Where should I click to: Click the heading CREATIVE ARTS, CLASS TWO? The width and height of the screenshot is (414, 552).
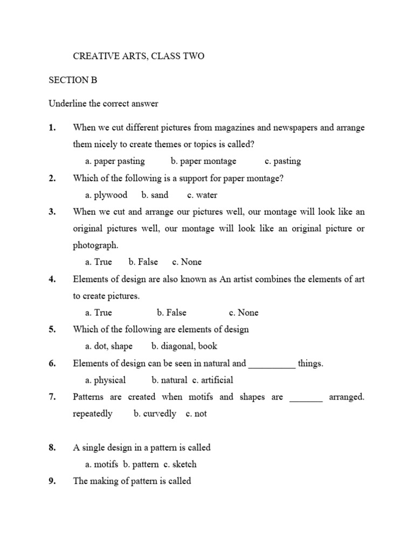point(139,56)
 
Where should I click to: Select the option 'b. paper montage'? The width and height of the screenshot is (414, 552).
point(203,161)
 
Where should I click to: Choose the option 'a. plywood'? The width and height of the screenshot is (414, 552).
point(106,195)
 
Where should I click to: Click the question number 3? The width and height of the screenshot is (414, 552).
point(52,212)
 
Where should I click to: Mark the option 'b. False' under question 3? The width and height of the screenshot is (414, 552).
point(143,262)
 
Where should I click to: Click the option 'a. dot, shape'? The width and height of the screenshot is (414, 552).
point(109,346)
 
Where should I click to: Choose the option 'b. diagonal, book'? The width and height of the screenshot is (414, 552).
point(184,346)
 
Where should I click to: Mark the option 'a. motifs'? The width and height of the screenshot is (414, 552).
point(102,464)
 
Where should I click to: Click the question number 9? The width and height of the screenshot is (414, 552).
point(52,481)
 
